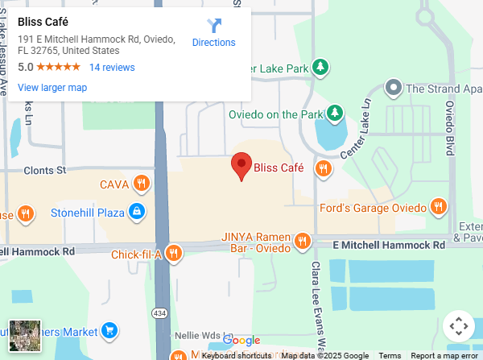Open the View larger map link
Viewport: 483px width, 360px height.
(x=52, y=88)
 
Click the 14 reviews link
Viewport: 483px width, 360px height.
(x=112, y=68)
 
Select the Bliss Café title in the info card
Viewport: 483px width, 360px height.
(x=43, y=22)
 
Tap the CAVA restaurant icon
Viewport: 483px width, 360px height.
(x=142, y=184)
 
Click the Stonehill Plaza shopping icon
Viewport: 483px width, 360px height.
(x=138, y=212)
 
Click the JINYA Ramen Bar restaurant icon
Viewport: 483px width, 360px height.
(x=303, y=240)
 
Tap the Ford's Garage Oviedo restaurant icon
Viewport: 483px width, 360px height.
(x=438, y=207)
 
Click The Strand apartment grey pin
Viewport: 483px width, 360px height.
(x=394, y=87)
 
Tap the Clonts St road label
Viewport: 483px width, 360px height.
(x=45, y=171)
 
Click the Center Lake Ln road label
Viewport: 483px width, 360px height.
(x=354, y=129)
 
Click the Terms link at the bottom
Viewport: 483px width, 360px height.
(x=390, y=355)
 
